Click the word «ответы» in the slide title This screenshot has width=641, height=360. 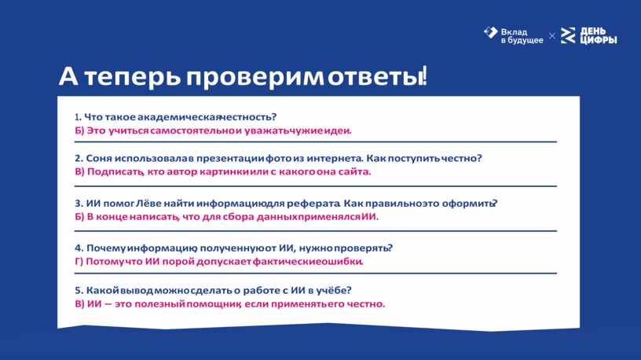(375, 76)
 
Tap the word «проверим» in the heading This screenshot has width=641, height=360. (255, 78)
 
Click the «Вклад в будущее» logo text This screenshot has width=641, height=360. (522, 36)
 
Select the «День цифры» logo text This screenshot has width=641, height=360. (599, 35)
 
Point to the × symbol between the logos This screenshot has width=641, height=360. (552, 36)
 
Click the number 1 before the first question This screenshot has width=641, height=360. (77, 117)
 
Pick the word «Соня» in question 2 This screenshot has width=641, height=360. (99, 158)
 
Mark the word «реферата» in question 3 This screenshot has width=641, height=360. (313, 204)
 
